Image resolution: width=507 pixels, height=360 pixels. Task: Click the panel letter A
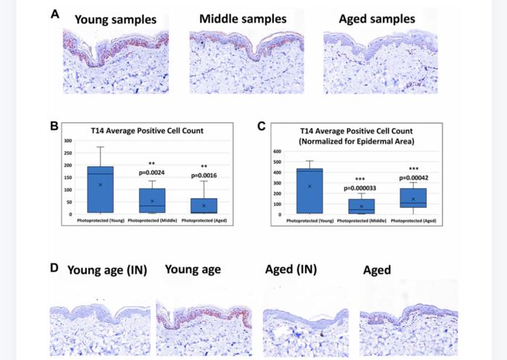point(54,13)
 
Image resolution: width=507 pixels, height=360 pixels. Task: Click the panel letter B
point(54,125)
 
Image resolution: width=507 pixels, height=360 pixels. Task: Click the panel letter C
point(263,125)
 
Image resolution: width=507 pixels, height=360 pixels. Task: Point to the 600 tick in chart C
point(276,152)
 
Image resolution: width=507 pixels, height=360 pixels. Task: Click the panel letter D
point(54,267)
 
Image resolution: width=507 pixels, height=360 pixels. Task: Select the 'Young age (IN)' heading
point(107,270)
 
